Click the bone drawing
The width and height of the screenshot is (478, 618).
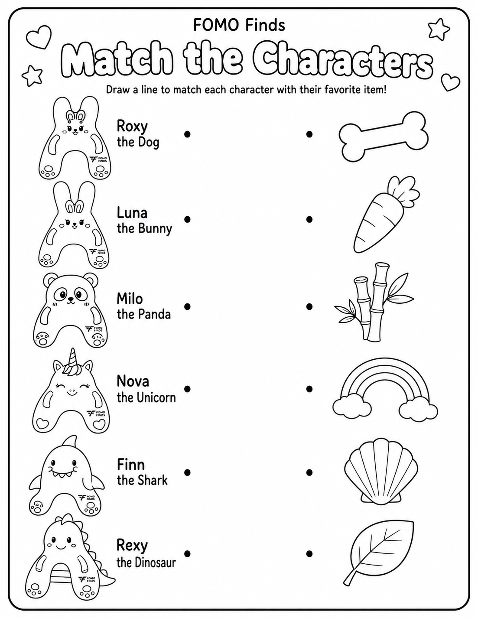pyautogui.click(x=384, y=137)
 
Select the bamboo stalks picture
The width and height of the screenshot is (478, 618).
pyautogui.click(x=373, y=302)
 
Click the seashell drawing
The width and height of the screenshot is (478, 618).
pyautogui.click(x=381, y=471)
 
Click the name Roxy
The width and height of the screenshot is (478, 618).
pyautogui.click(x=132, y=127)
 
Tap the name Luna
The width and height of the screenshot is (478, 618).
pyautogui.click(x=132, y=212)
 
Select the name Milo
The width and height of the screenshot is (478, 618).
pyautogui.click(x=130, y=299)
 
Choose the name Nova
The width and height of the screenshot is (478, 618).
pyautogui.click(x=133, y=381)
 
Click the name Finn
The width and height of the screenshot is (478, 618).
pyautogui.click(x=131, y=465)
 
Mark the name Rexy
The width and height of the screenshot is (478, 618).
pyautogui.click(x=132, y=546)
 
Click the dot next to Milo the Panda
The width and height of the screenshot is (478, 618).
pyautogui.click(x=187, y=306)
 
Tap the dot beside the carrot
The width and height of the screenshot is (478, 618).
pyautogui.click(x=309, y=219)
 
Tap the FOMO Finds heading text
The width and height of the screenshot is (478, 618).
pyautogui.click(x=239, y=25)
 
